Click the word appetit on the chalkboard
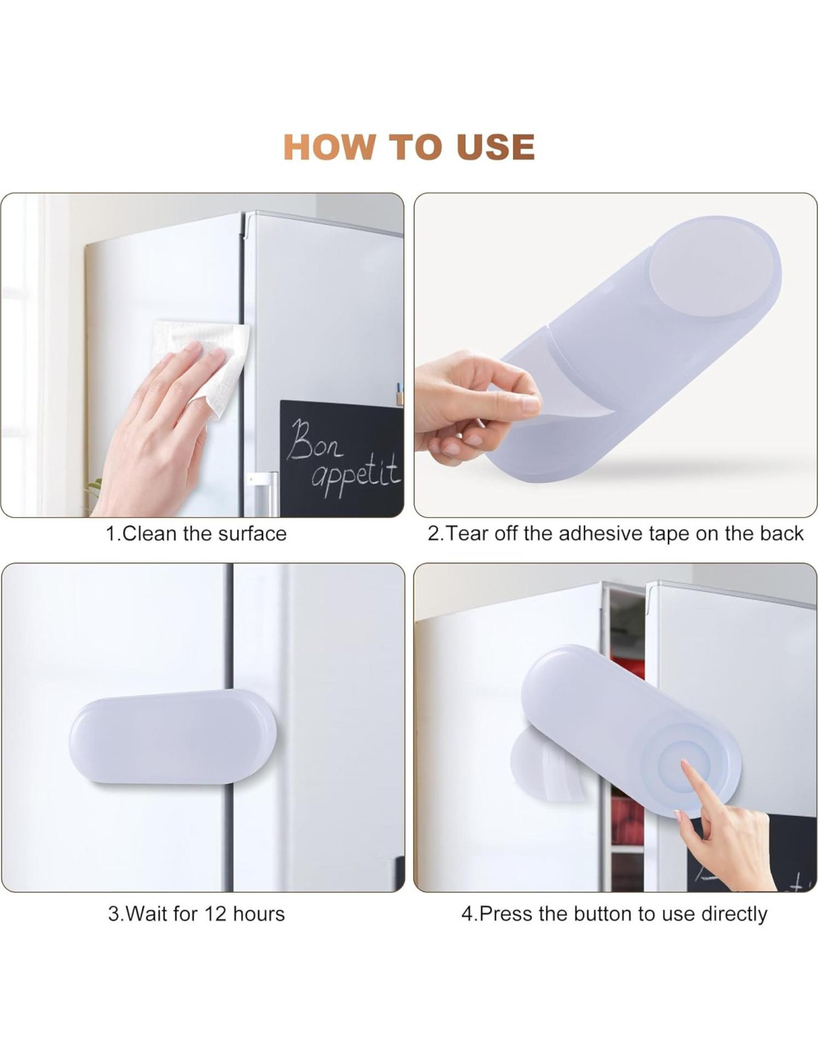tap(357, 475)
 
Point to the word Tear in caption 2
tap(466, 533)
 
